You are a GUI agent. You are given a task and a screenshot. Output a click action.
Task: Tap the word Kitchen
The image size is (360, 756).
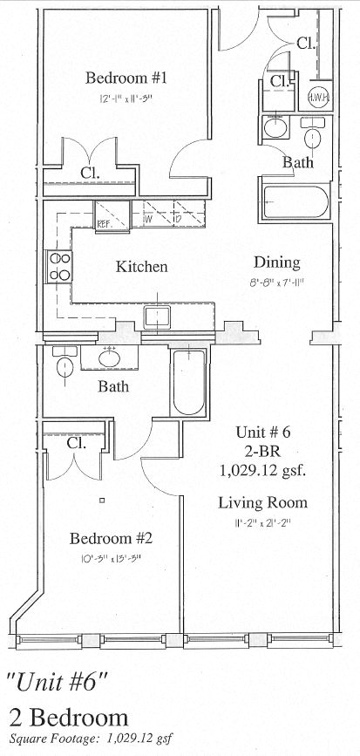click(141, 267)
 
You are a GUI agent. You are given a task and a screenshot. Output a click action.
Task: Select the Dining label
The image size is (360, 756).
click(276, 262)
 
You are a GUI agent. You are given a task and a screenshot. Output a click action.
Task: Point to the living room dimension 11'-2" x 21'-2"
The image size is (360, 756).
click(262, 523)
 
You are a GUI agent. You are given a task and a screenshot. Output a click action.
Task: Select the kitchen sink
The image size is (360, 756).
click(156, 317)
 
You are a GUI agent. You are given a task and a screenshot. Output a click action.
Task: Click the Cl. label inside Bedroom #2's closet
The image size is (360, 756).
click(76, 444)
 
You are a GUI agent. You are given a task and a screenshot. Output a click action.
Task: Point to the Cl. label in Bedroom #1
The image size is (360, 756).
click(90, 173)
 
